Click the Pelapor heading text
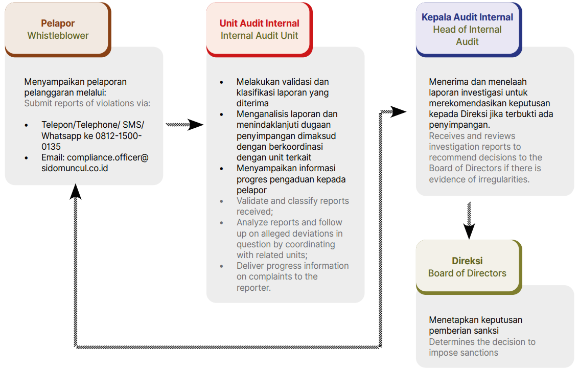point(58,24)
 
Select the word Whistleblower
point(58,36)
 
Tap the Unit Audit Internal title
point(259,24)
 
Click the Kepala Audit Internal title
point(467,17)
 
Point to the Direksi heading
point(467,261)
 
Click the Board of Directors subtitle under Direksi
point(467,273)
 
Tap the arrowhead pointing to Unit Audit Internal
point(195,124)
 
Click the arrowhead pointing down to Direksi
point(469,231)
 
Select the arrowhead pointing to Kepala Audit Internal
point(399,111)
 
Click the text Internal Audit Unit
point(259,36)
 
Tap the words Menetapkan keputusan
point(475,320)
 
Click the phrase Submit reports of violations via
point(87,103)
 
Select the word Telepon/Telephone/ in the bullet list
point(80,125)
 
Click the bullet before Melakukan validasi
point(221,82)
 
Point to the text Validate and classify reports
point(292,201)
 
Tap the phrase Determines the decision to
point(482,342)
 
